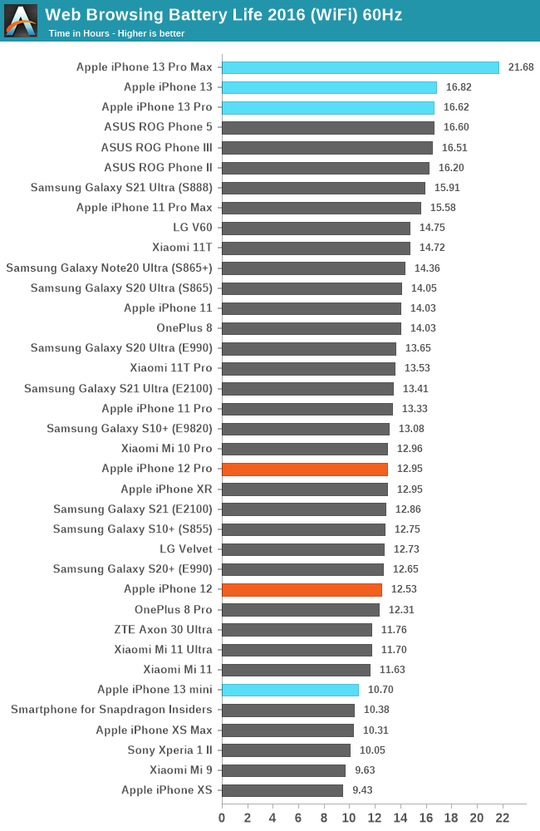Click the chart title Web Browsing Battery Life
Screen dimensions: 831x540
[x=223, y=14]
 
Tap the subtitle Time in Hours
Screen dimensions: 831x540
[x=116, y=33]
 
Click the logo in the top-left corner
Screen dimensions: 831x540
[x=21, y=21]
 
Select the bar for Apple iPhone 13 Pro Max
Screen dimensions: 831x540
[x=360, y=67]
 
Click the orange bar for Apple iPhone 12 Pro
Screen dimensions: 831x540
[x=304, y=470]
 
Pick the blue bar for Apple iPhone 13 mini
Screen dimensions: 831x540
[x=290, y=690]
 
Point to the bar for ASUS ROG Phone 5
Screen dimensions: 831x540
[x=327, y=127]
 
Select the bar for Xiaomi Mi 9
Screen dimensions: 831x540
[x=283, y=770]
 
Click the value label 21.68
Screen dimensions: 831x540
[x=522, y=67]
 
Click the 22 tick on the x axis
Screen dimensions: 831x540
[x=502, y=819]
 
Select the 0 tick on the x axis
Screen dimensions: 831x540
[x=222, y=819]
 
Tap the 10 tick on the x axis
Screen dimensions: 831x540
[x=349, y=819]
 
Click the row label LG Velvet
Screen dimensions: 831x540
[x=186, y=548]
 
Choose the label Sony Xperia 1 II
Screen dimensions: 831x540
[x=170, y=750]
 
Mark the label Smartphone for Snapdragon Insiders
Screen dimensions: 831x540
[x=111, y=710]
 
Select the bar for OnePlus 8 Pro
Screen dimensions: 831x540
[x=301, y=609]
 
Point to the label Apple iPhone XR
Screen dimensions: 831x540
[x=166, y=489]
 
